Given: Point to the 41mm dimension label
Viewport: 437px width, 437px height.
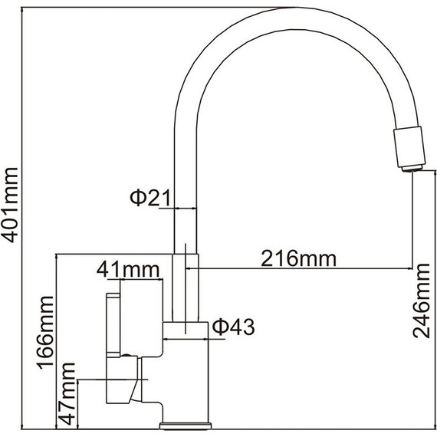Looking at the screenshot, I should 127,270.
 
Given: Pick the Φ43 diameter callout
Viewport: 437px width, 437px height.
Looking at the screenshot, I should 231,327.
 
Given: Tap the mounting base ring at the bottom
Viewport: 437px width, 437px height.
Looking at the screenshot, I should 183,422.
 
